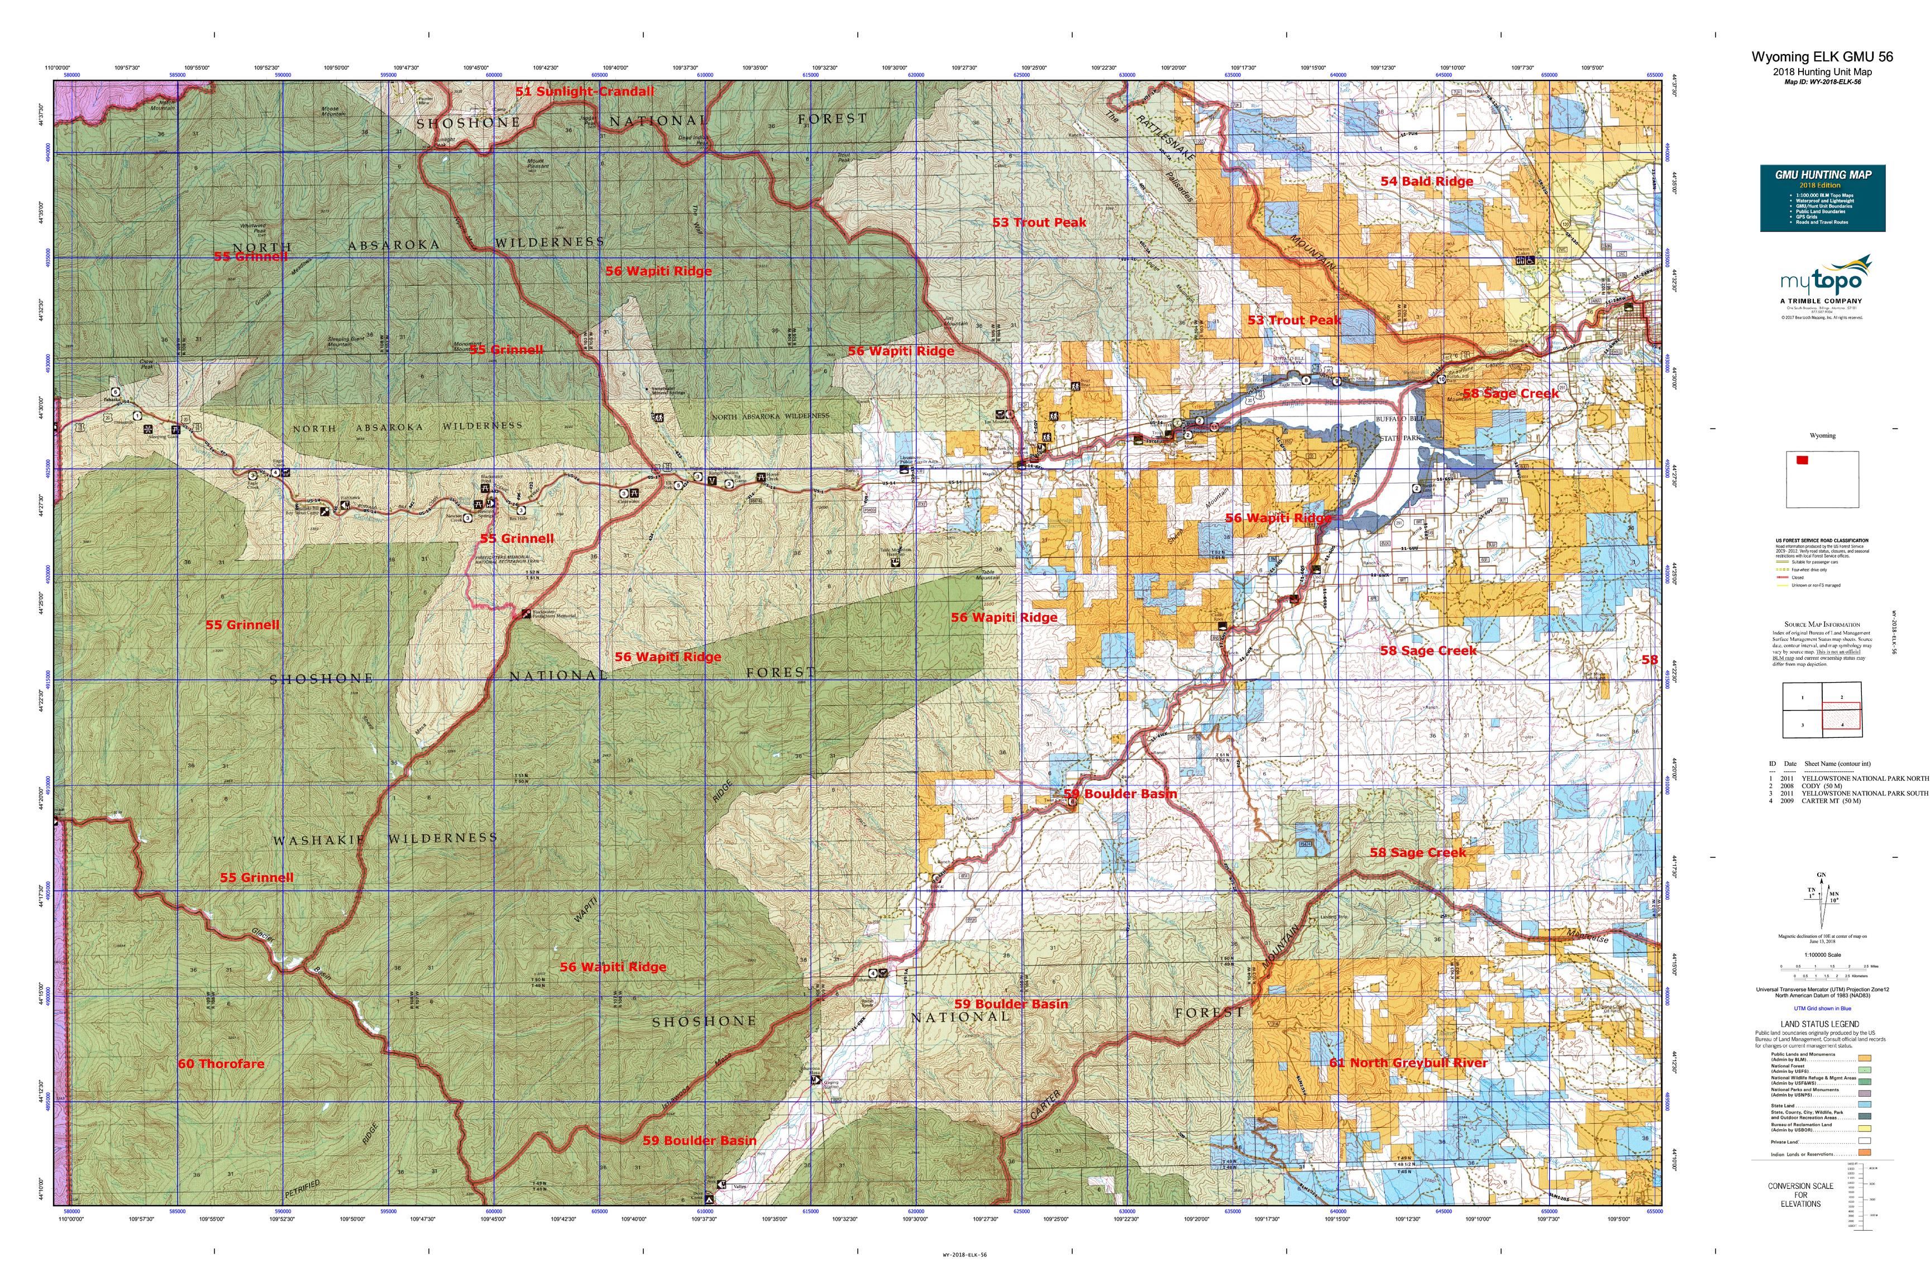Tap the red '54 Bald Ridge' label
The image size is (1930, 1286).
pyautogui.click(x=1426, y=181)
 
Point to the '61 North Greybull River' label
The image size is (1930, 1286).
pyautogui.click(x=1408, y=1063)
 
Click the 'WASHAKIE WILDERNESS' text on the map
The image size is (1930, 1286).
pyautogui.click(x=385, y=839)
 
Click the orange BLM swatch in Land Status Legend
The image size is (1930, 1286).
pyautogui.click(x=1864, y=1059)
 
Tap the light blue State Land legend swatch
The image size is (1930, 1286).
pyautogui.click(x=1864, y=1106)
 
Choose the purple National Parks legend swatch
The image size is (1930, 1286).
pyautogui.click(x=1864, y=1093)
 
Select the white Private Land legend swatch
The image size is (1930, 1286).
pyautogui.click(x=1864, y=1140)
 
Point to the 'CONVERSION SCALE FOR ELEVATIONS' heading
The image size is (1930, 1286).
pyautogui.click(x=1800, y=1195)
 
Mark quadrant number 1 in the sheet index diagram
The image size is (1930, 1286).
pyautogui.click(x=1802, y=698)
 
